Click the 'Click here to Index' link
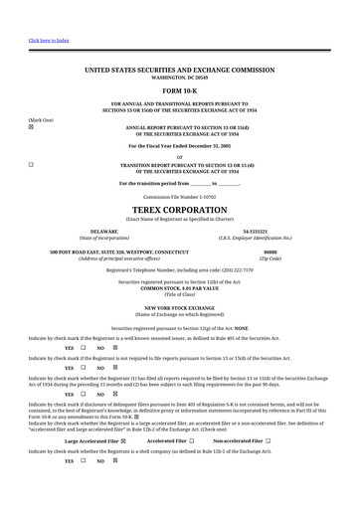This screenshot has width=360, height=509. (49, 41)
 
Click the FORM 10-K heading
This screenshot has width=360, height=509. (179, 91)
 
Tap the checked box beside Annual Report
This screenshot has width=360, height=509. (31, 128)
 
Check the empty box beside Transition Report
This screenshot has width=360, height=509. (31, 163)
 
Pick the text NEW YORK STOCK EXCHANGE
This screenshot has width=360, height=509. (179, 308)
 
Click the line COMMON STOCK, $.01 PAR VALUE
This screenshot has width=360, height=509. (179, 287)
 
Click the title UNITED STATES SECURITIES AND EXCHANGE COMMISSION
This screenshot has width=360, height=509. (179, 70)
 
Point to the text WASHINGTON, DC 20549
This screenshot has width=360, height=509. (179, 77)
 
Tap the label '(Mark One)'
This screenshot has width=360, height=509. (40, 119)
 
